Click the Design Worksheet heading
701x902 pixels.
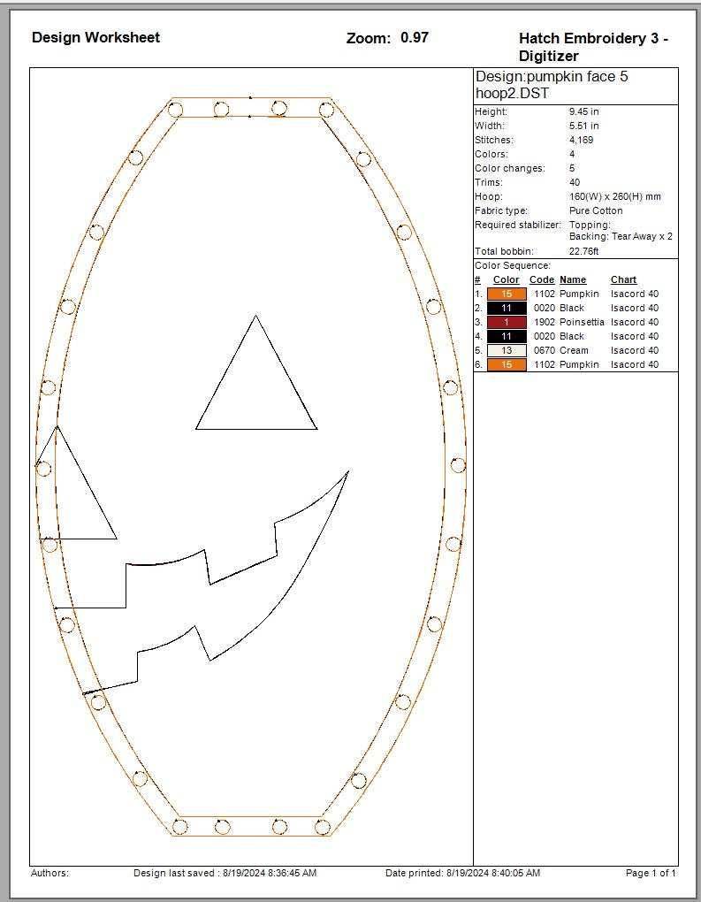coord(95,37)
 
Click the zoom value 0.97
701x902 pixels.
coord(414,37)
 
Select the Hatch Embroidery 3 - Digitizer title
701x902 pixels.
coord(593,47)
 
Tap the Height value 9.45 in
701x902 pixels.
coord(584,112)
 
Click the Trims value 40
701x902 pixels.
coord(575,183)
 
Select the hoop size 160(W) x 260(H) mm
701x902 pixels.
coord(615,197)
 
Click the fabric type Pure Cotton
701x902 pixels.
coord(596,211)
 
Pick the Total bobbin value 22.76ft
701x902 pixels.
coord(584,252)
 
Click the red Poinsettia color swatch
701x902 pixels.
coord(507,323)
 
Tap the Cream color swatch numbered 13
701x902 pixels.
coord(507,351)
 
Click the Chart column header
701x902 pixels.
coord(623,280)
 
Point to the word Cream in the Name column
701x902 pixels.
coord(574,351)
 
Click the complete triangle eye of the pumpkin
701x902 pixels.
coord(256,389)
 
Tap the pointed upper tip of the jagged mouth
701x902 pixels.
coord(347,472)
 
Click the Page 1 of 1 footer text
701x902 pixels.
coord(651,874)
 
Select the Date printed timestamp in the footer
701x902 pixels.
coord(462,874)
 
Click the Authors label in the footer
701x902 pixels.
coord(50,874)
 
